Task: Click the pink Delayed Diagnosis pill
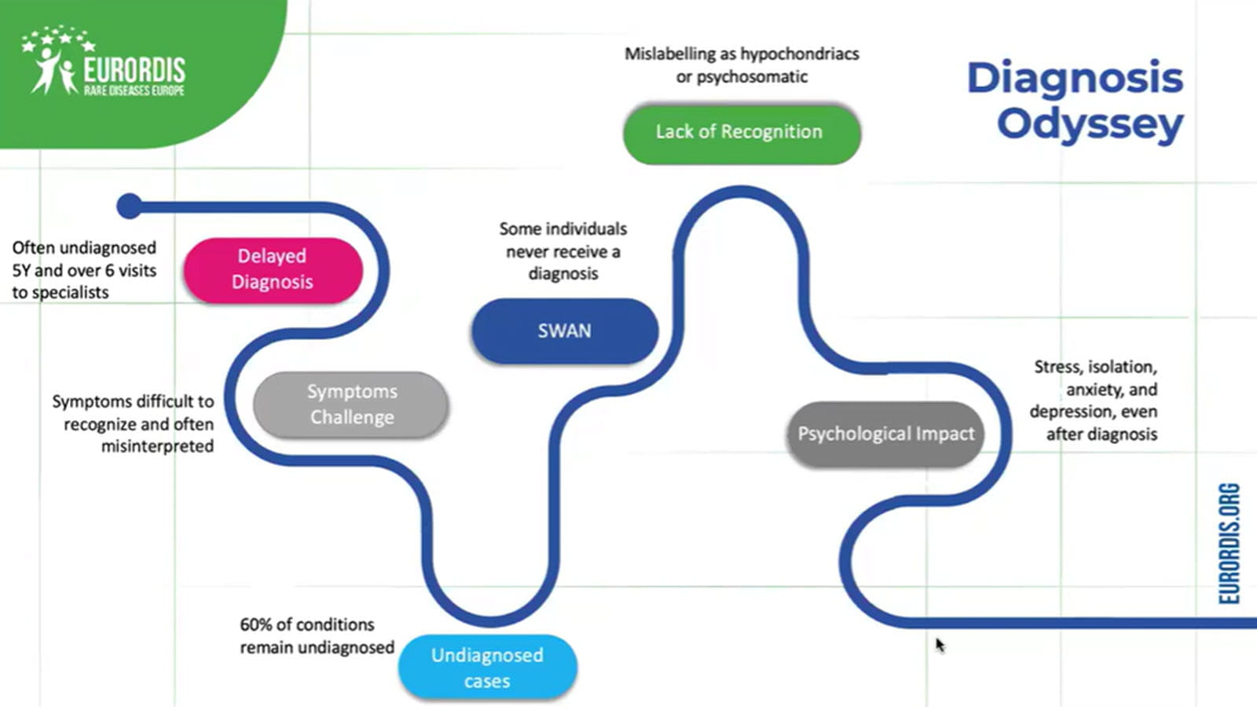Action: coord(273,269)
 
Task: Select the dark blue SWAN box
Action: coord(564,331)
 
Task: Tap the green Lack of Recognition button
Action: coord(741,132)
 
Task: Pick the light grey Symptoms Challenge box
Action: coord(351,405)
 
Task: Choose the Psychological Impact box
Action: coord(885,434)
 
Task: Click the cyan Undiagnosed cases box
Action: coord(487,667)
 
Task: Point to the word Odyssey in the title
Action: coord(1090,124)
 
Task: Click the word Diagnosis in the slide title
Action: coord(1074,78)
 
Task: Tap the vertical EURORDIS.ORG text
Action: coord(1230,544)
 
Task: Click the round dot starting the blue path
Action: coord(130,207)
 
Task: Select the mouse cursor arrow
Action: coord(940,645)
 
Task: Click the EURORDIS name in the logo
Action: coord(134,70)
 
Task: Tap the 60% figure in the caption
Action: coord(256,625)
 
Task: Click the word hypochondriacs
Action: coord(799,54)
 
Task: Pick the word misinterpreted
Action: coord(157,446)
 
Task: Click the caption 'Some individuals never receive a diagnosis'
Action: coord(563,251)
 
